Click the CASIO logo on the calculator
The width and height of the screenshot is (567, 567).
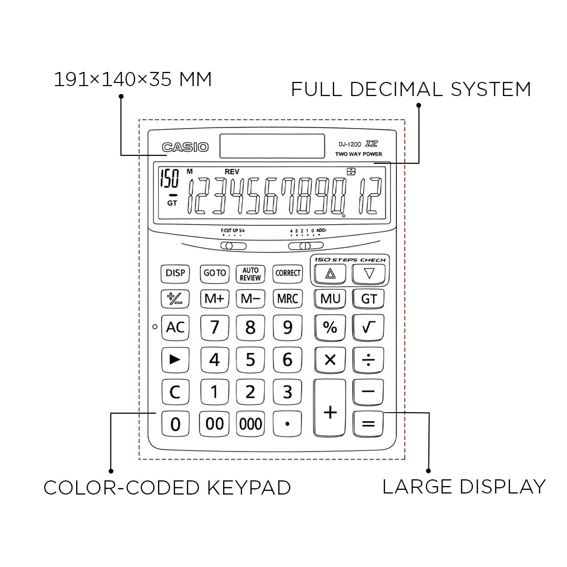pos(185,148)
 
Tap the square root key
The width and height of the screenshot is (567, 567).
pos(369,328)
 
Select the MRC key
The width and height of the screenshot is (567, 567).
pos(288,299)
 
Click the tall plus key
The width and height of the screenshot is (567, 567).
pos(330,409)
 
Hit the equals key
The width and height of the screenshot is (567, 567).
pos(369,424)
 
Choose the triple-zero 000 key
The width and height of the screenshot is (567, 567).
pos(250,424)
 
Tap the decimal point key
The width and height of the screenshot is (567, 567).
pos(288,424)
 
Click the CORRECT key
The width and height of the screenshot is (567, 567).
pos(288,273)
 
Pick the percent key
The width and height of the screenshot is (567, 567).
pos(330,328)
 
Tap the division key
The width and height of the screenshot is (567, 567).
pos(369,360)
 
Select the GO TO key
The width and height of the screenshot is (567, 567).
pos(214,273)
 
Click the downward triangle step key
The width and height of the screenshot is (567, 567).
pos(369,273)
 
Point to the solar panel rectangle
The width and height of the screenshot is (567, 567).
pos(272,146)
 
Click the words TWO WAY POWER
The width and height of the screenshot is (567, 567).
pos(359,154)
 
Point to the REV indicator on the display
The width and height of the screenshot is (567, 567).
pos(232,171)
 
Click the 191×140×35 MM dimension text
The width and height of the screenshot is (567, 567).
pos(133,80)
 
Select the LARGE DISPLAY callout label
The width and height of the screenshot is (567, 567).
pos(464,487)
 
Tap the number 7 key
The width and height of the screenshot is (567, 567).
pos(214,328)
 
